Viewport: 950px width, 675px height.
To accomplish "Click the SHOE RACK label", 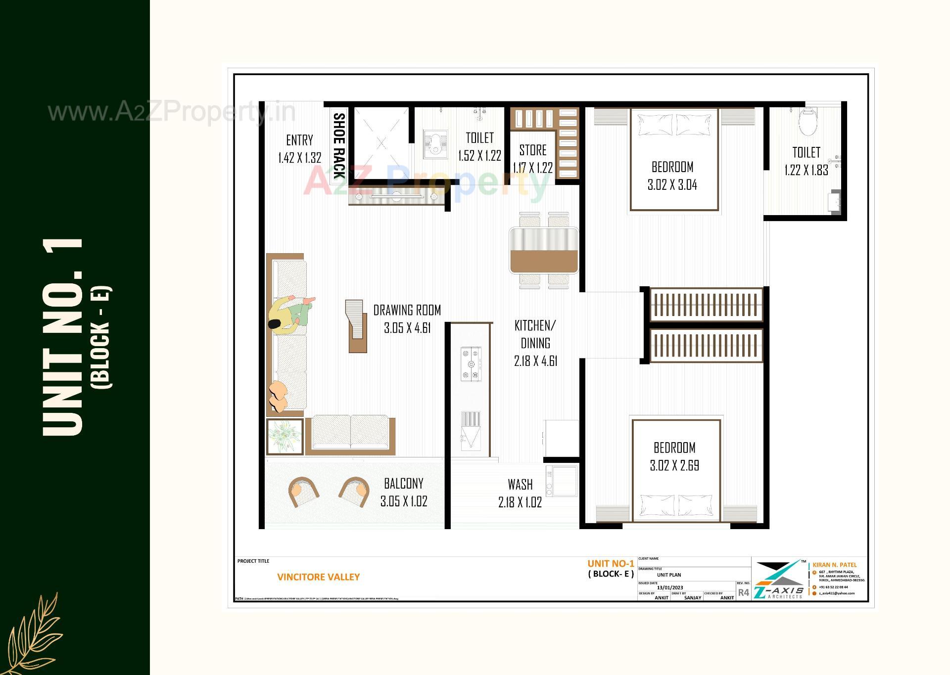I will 339,145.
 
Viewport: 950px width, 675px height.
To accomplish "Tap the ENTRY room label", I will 299,140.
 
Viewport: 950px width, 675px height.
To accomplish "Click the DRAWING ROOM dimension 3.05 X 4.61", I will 407,328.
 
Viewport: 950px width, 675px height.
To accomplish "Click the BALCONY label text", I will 404,483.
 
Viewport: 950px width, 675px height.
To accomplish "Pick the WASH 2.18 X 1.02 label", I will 520,493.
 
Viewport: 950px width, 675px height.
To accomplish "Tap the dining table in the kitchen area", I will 544,250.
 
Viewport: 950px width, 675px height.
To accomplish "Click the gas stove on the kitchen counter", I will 471,364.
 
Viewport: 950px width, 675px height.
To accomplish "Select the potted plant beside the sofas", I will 285,436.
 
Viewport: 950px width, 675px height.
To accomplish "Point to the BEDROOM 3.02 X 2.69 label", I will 674,456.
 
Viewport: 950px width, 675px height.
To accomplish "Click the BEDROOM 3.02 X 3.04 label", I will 672,176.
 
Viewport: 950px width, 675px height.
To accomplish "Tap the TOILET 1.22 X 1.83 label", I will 806,161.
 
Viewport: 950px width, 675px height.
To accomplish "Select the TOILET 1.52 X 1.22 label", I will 479,146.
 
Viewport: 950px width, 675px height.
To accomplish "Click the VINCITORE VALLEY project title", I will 318,577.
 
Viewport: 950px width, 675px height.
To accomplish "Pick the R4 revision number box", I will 743,592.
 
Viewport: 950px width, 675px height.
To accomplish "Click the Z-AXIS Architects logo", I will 778,580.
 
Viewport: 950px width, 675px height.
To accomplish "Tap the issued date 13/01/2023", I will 669,587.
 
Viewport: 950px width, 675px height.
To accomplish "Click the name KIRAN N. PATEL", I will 834,565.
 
